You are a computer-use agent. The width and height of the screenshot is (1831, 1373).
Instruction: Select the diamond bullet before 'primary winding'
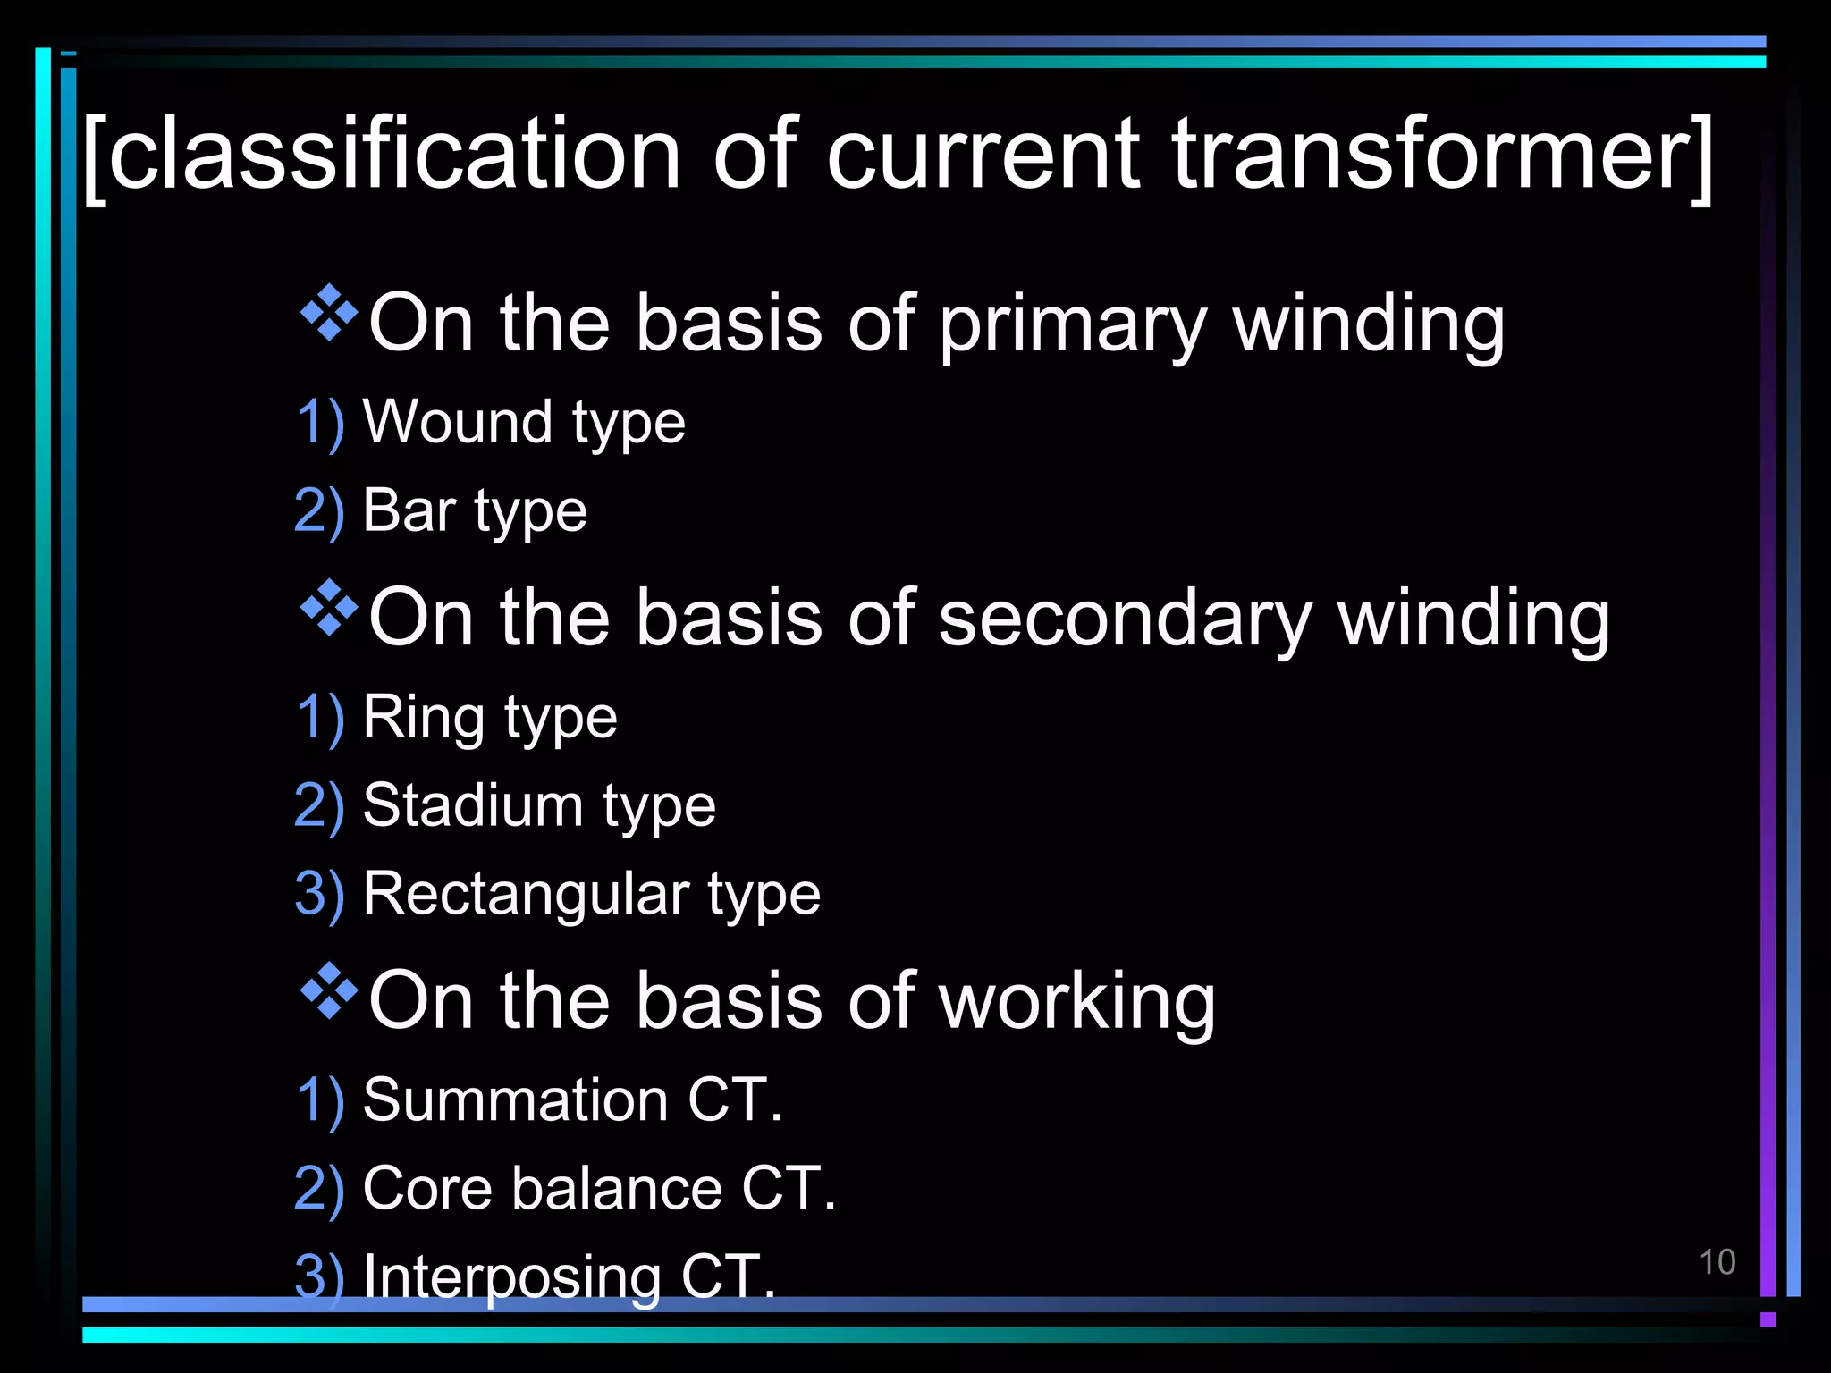click(x=329, y=313)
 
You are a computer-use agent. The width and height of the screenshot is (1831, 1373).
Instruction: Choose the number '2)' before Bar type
click(x=319, y=511)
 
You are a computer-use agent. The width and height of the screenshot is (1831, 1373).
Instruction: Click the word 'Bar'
click(x=409, y=510)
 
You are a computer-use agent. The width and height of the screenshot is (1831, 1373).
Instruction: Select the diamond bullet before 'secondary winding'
click(x=329, y=608)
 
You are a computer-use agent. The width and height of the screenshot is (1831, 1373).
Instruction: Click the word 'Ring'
click(x=423, y=718)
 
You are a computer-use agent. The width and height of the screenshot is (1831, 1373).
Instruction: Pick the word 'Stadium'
click(x=471, y=805)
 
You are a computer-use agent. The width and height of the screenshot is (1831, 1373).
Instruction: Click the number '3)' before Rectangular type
click(x=319, y=894)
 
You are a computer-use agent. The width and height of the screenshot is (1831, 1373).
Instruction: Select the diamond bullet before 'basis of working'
click(x=329, y=990)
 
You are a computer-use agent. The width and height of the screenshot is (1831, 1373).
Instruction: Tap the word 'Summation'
click(x=515, y=1099)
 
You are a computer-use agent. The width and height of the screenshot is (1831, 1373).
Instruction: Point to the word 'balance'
click(x=616, y=1189)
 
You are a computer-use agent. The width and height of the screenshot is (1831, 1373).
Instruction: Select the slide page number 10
click(x=1717, y=1262)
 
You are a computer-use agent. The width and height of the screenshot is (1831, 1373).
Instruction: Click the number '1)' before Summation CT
click(x=319, y=1100)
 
